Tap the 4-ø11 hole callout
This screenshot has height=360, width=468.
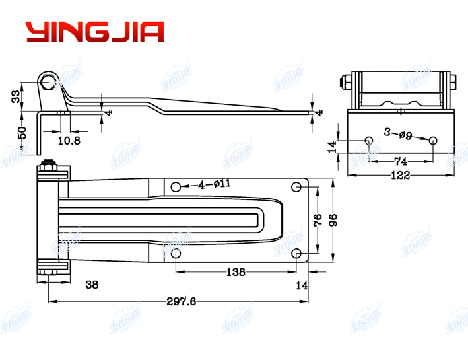pos(215,184)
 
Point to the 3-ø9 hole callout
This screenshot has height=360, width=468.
pos(398,135)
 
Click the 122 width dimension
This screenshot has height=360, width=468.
pos(399,175)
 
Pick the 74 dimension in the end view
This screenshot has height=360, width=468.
pos(400,161)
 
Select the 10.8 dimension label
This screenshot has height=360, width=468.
pos(69,141)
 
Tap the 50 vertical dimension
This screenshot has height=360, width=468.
pos(22,132)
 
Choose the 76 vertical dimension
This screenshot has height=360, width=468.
pos(317,219)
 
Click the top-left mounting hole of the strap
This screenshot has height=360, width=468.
pos(176,187)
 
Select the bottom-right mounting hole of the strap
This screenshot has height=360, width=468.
pos(297,254)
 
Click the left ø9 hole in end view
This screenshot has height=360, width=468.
pos(368,140)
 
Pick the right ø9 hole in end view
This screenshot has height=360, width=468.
pos(432,140)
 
